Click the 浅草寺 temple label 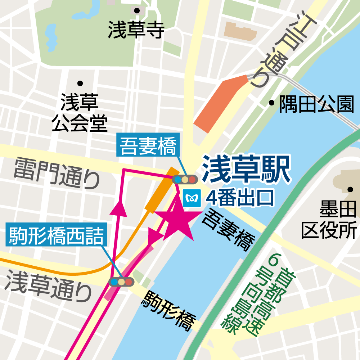pos(136,30)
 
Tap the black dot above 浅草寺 pos(137,11)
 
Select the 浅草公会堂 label pos(80,113)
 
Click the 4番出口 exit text pos(240,198)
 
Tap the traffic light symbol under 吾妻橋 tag pos(184,179)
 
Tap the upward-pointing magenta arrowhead pos(119,209)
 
